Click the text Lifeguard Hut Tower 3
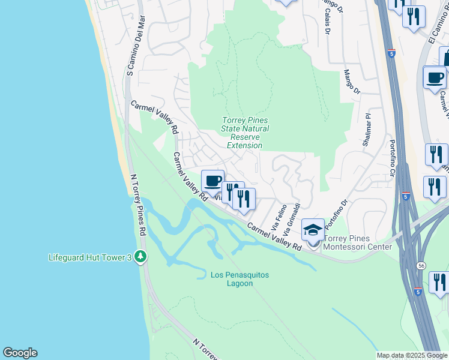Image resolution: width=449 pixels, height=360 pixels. [89, 258]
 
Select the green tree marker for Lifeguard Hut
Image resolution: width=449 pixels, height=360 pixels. [140, 257]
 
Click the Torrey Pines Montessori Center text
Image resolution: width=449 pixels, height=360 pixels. [358, 242]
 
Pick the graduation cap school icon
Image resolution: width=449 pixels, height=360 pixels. [313, 230]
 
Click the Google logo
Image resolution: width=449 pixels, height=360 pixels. [20, 353]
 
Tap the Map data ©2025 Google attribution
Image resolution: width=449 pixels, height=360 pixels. [412, 355]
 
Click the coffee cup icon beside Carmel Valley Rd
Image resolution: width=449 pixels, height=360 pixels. [212, 181]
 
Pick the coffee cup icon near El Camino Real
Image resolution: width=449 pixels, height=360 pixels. [434, 77]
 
